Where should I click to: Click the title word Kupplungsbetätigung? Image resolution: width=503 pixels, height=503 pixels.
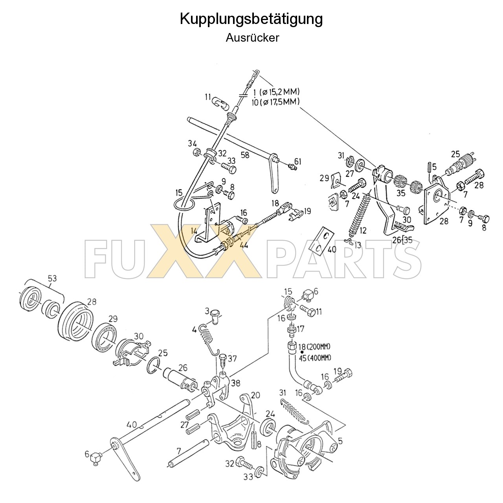[x=251, y=19]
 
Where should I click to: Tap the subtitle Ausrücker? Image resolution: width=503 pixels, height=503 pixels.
[x=252, y=38]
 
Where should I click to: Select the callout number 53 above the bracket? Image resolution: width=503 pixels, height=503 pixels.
[x=52, y=278]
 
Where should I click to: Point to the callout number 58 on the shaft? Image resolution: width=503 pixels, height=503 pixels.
[x=245, y=155]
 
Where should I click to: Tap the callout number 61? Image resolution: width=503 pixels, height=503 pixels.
[x=297, y=162]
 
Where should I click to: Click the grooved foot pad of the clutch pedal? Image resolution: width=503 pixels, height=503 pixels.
[x=402, y=227]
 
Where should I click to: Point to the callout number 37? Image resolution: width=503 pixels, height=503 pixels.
[x=232, y=358]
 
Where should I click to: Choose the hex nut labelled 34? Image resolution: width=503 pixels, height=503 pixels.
[x=195, y=152]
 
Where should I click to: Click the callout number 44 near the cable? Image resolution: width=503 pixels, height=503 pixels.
[x=244, y=245]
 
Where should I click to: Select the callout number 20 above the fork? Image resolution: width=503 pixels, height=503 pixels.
[x=256, y=395]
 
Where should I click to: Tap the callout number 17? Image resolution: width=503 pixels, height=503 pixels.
[x=301, y=328]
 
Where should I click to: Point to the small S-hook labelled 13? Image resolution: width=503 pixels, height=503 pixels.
[x=347, y=240]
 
